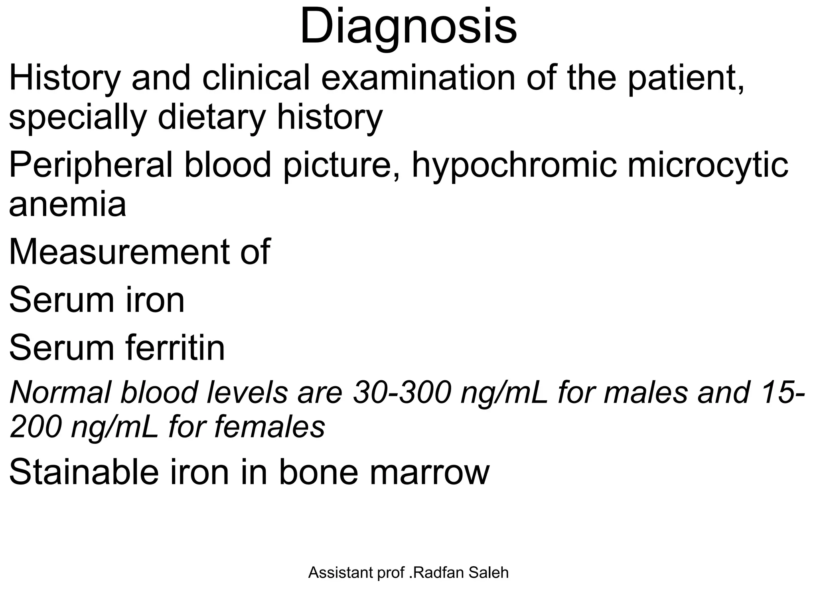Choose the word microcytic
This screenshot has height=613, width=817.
[x=708, y=165]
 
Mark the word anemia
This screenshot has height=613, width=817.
[x=67, y=204]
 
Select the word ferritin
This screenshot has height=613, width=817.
[x=176, y=348]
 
